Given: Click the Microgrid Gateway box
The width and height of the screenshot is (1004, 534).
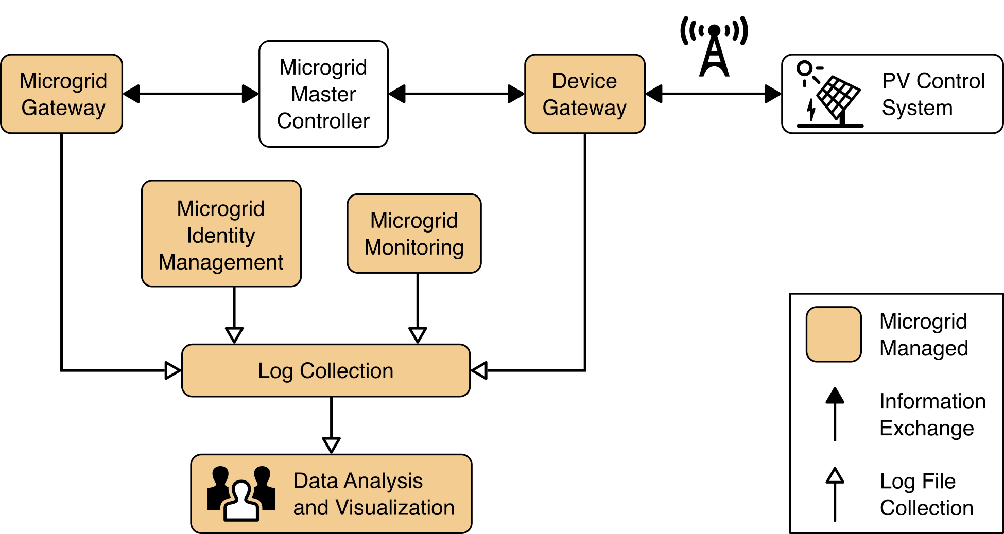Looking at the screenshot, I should [x=62, y=94].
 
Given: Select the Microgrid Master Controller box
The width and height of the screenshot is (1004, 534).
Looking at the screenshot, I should [x=323, y=94].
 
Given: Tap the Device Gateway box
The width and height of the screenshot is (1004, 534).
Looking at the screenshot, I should [x=584, y=94].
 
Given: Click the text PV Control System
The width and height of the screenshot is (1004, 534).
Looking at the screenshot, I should [x=932, y=95].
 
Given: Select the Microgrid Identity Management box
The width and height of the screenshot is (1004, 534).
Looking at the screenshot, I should [x=221, y=234].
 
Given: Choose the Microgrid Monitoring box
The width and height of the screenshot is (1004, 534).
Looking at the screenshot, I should [x=414, y=234].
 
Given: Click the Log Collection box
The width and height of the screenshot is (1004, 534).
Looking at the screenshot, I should [x=325, y=371].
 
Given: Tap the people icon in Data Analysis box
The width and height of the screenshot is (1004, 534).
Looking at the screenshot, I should [x=241, y=494].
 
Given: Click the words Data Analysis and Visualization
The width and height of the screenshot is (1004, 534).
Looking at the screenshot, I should [x=373, y=494].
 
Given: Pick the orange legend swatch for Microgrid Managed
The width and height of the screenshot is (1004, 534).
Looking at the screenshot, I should [x=834, y=335].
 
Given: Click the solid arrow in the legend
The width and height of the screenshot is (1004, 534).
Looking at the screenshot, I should [x=835, y=414].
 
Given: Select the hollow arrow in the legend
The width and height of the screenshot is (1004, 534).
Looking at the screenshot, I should [x=835, y=494].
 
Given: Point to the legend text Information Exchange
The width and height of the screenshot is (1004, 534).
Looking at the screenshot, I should [x=932, y=415].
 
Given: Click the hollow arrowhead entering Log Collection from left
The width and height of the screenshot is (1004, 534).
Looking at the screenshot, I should [x=172, y=370].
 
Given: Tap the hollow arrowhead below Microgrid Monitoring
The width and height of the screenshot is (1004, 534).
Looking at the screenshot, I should [x=418, y=335].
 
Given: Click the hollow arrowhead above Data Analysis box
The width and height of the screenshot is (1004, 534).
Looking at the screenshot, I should [x=331, y=444].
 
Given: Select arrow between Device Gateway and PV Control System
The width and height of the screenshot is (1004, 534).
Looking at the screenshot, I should [x=713, y=94].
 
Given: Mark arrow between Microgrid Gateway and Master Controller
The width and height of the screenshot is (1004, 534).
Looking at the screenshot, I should [x=191, y=94].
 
